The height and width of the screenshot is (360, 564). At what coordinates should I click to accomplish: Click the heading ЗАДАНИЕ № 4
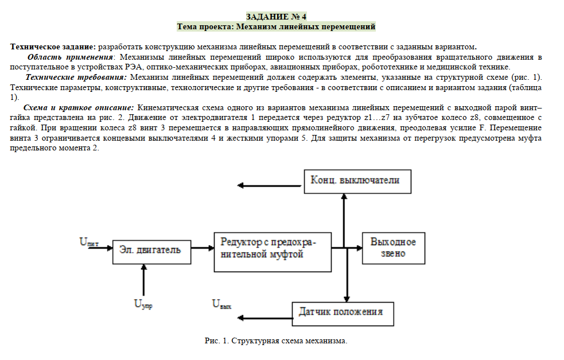[x=275, y=16]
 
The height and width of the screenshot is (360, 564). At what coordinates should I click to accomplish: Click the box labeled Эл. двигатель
[x=151, y=249]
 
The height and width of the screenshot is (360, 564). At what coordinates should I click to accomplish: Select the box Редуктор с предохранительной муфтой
[x=272, y=247]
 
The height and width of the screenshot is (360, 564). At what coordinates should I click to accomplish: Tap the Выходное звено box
[x=393, y=247]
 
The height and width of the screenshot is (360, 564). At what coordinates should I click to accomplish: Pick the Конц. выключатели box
[x=359, y=180]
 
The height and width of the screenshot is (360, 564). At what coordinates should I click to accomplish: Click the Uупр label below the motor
[x=143, y=304]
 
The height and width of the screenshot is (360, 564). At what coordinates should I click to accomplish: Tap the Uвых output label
[x=221, y=304]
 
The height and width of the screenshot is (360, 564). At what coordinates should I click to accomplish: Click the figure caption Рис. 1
[x=276, y=341]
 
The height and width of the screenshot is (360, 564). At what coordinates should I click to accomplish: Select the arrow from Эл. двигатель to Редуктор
[x=201, y=248]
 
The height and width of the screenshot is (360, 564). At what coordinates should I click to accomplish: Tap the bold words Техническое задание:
[x=53, y=47]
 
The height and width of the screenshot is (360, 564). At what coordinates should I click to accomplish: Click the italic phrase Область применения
[x=70, y=57]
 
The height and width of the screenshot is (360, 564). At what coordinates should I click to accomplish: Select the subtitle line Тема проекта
[x=275, y=26]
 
